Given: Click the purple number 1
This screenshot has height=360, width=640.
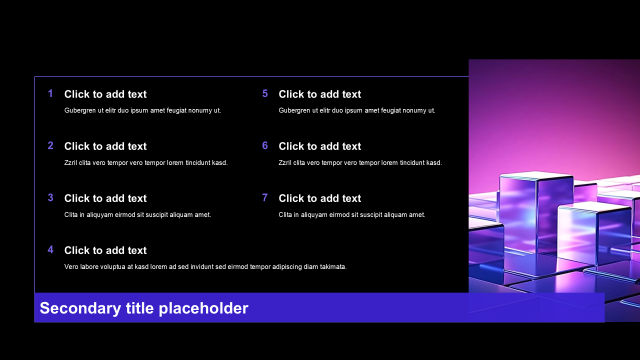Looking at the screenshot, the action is (x=50, y=93).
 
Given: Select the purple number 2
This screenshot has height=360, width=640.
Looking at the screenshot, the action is (x=50, y=145).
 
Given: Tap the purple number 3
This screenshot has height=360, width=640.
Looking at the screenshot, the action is (x=50, y=197).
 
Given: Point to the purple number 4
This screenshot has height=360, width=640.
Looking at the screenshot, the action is (x=50, y=249).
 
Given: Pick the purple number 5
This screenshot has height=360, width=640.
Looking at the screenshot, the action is (x=265, y=93).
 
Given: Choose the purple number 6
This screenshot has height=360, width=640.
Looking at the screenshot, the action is (x=265, y=145).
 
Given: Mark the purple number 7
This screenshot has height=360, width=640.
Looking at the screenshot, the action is (x=265, y=197).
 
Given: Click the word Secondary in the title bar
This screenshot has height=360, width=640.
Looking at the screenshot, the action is (x=80, y=308).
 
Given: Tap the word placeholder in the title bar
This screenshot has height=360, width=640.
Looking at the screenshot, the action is (x=203, y=308).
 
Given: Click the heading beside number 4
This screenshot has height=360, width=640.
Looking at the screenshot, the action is (x=105, y=250).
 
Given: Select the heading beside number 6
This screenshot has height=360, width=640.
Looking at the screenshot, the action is (x=319, y=146).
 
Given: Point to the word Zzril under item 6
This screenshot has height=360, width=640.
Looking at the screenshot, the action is (x=285, y=162).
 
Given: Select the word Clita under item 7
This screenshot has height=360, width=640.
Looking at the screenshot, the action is (x=285, y=215).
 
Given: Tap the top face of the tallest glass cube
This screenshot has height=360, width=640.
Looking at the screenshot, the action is (x=536, y=175).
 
